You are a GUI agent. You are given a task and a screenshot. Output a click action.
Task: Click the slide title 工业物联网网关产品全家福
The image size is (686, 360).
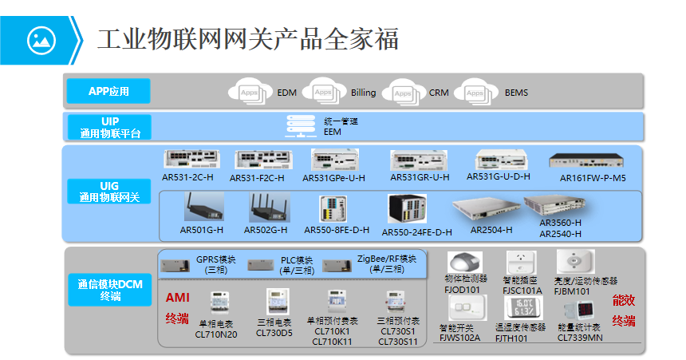(248, 38)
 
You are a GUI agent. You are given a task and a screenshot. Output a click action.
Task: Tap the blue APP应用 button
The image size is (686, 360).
(108, 91)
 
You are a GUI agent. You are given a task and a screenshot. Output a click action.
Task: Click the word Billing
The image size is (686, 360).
(363, 93)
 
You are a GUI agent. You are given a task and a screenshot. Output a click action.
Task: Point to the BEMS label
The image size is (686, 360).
(516, 93)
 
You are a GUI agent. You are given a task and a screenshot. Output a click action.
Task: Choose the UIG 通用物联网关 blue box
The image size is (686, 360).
(108, 191)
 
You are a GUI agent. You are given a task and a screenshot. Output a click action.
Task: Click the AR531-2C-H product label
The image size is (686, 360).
(187, 178)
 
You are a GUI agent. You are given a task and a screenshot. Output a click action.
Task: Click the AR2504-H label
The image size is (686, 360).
(491, 230)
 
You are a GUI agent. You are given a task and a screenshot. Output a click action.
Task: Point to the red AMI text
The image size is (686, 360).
(177, 297)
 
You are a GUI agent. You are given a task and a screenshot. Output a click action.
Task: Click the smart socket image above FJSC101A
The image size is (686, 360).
(521, 263)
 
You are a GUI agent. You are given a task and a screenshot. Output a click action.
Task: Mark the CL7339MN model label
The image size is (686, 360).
(579, 338)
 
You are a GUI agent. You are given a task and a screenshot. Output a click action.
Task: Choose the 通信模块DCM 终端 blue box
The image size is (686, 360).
(108, 291)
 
